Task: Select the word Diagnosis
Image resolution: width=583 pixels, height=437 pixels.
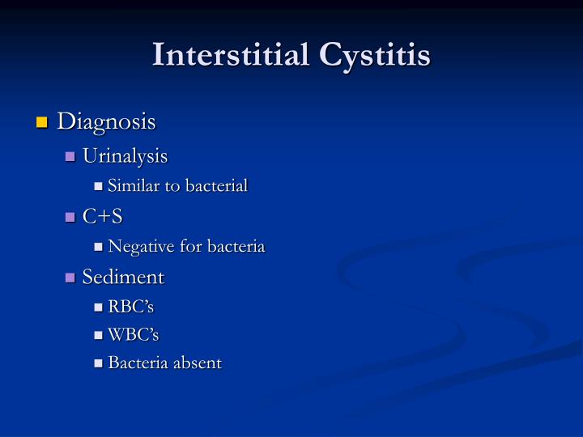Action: point(107,122)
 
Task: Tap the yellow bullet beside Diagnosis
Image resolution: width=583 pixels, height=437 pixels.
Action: point(42,123)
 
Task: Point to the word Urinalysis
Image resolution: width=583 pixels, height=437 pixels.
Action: point(125,155)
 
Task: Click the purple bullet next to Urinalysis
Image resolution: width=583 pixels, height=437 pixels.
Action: point(70,156)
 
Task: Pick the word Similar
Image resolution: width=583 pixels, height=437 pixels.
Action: point(131,186)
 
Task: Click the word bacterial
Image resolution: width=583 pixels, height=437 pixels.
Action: point(215,186)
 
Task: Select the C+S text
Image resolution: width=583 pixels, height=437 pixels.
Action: point(101,216)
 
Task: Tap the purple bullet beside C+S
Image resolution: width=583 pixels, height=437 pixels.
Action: point(70,217)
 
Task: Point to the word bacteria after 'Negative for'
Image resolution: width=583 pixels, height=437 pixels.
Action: point(236,247)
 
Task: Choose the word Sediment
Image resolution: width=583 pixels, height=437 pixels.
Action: point(123,277)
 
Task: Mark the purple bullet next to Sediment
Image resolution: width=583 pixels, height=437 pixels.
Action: point(70,278)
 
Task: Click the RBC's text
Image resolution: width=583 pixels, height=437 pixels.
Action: point(130,308)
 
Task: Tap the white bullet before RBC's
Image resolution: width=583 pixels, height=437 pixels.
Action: point(99,308)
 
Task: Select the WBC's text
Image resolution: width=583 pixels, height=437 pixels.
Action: point(133,335)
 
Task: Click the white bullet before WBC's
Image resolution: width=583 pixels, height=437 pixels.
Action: point(99,336)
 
